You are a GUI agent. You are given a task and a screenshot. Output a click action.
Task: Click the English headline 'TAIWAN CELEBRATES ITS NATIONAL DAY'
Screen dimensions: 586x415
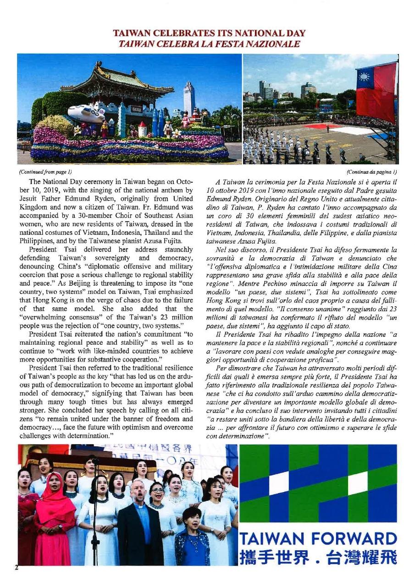point(209,34)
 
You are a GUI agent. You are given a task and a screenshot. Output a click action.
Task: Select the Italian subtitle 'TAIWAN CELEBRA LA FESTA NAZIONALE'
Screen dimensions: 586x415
point(209,44)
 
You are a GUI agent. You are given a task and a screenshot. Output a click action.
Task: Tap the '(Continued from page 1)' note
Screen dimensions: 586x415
point(45,172)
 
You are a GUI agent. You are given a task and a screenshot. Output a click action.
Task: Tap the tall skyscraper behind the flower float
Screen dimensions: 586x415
point(189,98)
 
